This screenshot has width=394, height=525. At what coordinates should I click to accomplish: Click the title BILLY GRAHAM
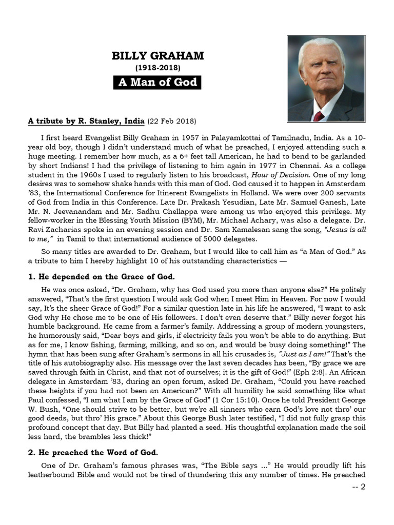pos(157,56)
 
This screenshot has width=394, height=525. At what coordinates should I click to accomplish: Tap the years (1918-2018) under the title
pos(157,67)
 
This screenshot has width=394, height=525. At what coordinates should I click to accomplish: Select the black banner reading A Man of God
pos(157,82)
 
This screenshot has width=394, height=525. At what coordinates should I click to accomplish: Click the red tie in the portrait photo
pos(319,116)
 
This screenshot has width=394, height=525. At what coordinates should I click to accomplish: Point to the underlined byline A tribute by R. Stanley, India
pos(86,122)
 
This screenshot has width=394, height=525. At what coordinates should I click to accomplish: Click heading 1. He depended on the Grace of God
pos(101,277)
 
